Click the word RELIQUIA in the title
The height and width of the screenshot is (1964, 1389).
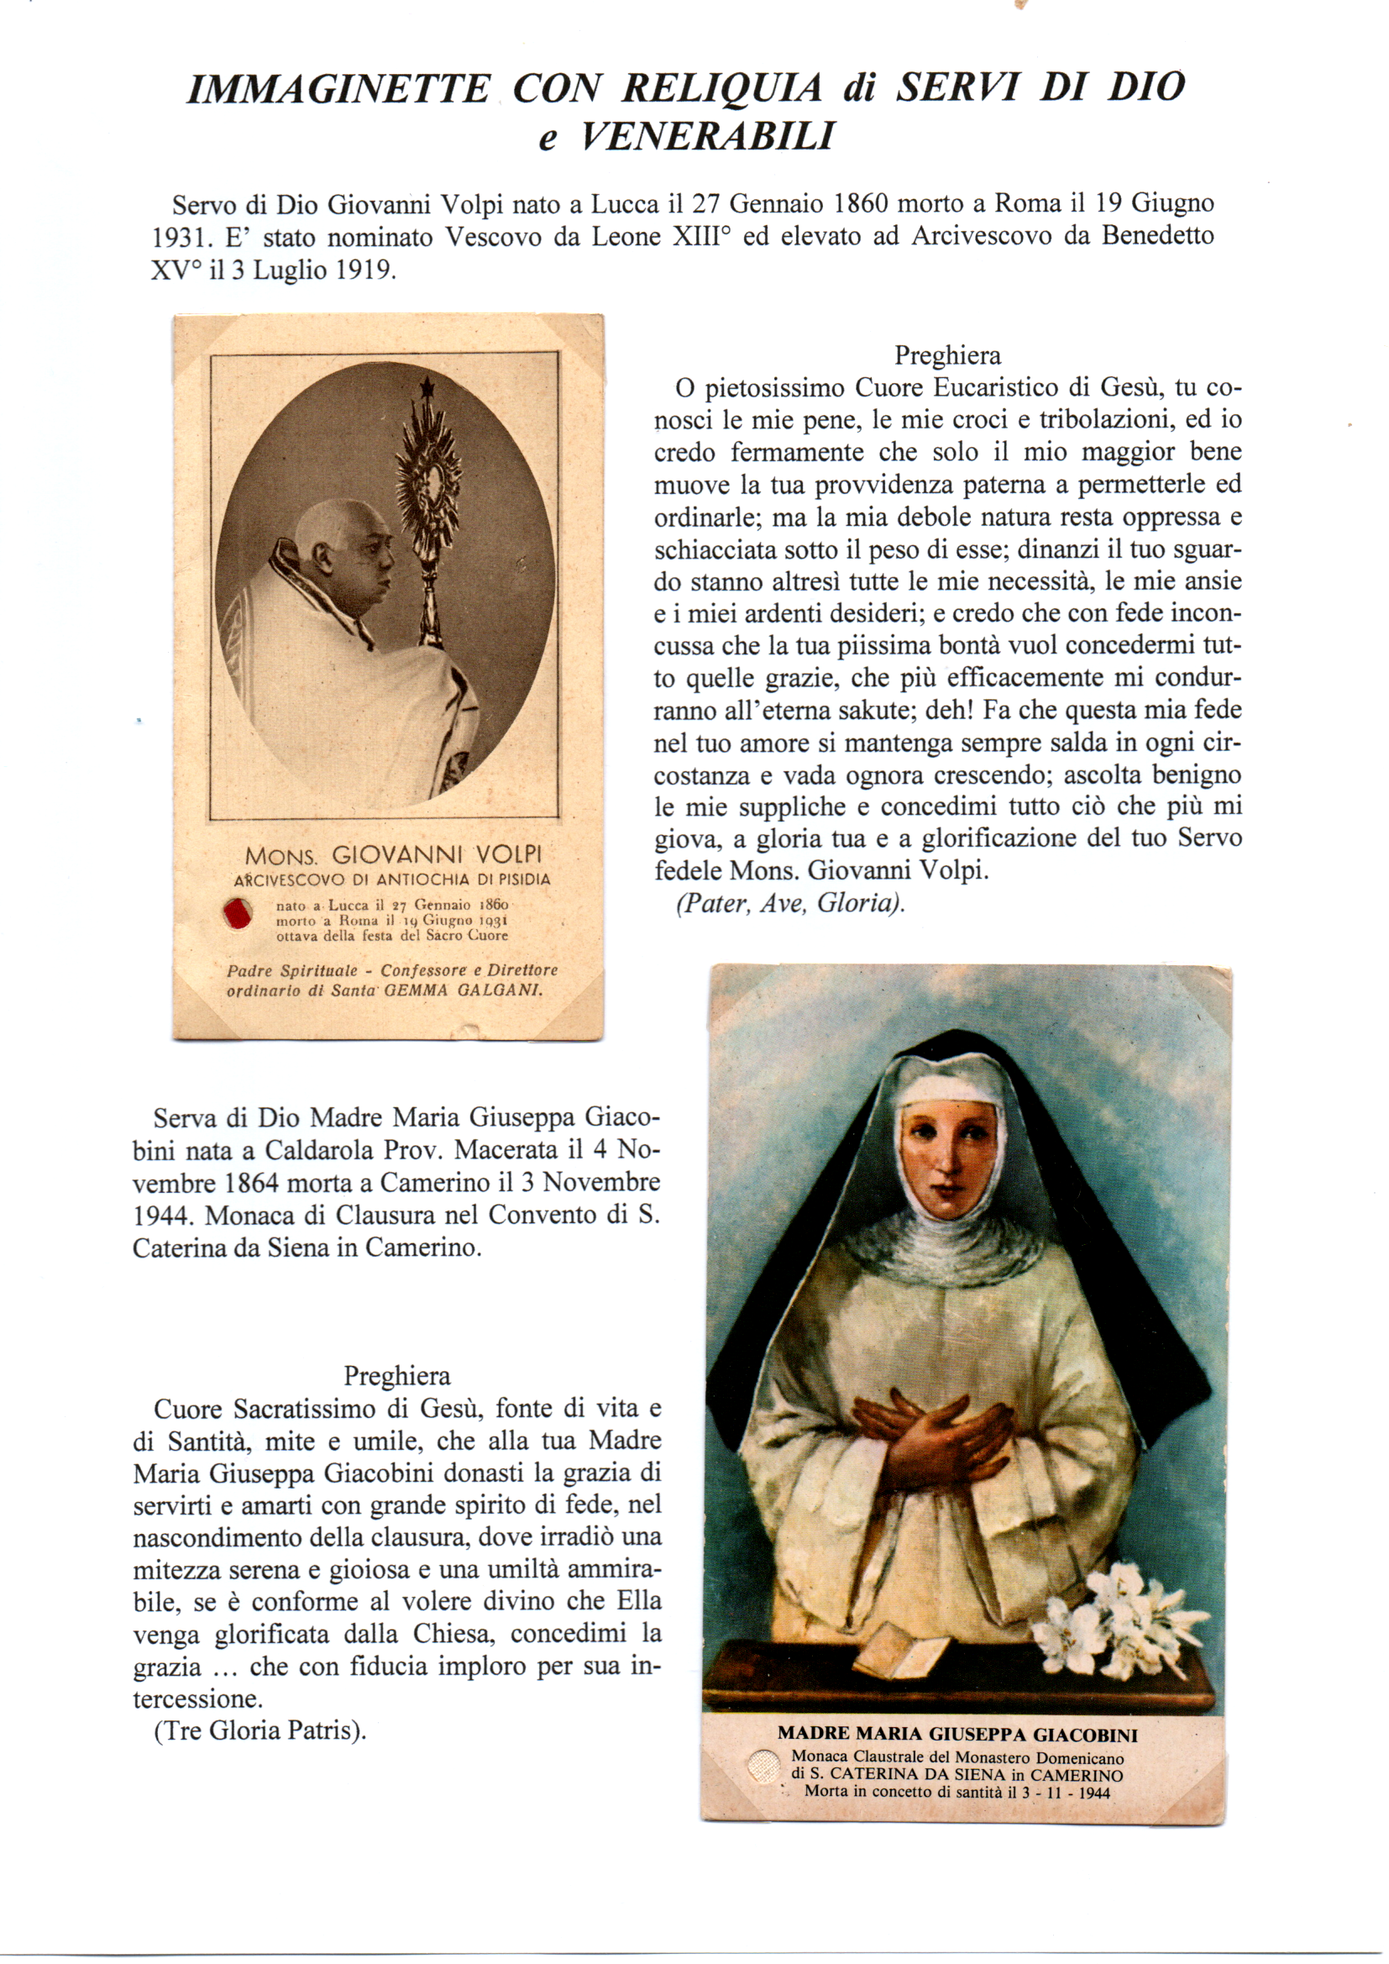(x=722, y=89)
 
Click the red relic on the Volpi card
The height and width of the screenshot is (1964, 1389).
(x=237, y=913)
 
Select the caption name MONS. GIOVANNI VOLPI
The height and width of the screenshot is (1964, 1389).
(x=393, y=855)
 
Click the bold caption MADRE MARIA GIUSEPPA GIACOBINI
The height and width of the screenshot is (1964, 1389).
(x=957, y=1735)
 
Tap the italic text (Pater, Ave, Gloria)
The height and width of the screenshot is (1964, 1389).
(x=790, y=904)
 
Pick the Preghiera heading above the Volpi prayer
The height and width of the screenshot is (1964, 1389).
(x=947, y=355)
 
